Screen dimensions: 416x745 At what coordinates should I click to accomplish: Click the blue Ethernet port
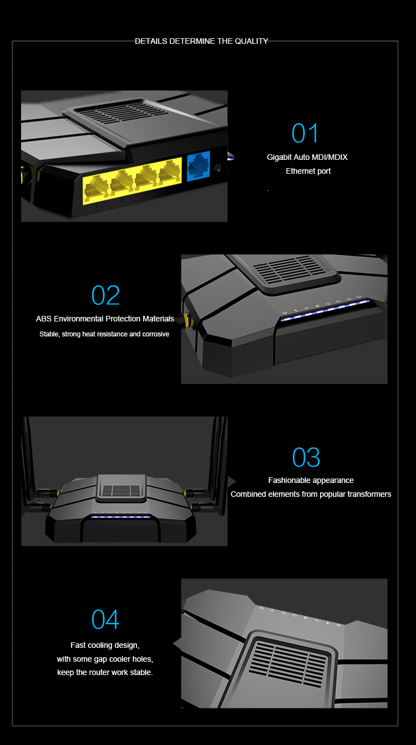click(x=199, y=166)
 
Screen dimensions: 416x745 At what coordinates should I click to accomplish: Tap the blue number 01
click(x=305, y=133)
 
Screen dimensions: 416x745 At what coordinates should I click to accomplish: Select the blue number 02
click(x=105, y=295)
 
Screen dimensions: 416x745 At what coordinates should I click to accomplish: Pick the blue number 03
click(x=306, y=457)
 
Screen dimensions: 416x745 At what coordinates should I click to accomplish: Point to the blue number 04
click(x=105, y=619)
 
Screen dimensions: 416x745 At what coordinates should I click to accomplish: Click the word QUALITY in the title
click(x=251, y=41)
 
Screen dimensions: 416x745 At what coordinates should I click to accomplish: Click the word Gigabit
click(x=279, y=157)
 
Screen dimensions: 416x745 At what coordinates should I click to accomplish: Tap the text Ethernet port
click(x=308, y=171)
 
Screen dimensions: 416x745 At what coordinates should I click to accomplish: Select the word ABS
click(x=44, y=319)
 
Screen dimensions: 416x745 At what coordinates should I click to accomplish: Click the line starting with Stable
click(x=104, y=334)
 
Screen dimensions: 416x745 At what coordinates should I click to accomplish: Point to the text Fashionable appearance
click(x=311, y=480)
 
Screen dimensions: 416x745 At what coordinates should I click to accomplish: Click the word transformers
click(x=369, y=494)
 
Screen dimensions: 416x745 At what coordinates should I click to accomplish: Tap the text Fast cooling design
click(x=105, y=645)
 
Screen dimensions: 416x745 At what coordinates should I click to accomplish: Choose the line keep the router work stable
click(x=105, y=672)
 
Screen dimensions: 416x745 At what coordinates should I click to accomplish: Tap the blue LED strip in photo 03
click(x=120, y=517)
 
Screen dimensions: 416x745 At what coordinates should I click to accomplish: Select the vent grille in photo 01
click(x=124, y=112)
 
